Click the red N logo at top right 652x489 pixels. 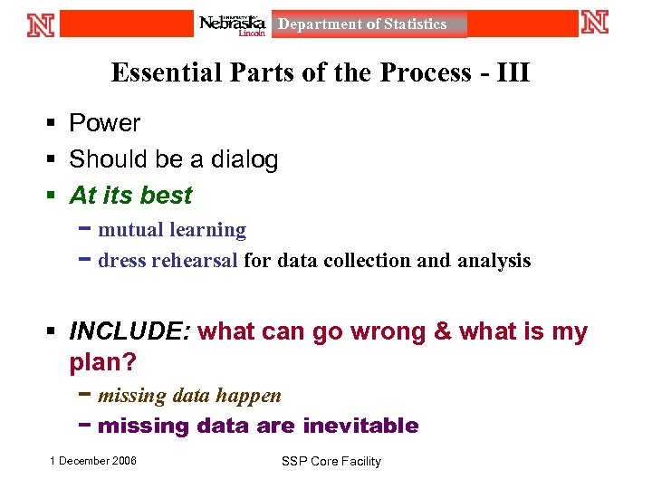[595, 22]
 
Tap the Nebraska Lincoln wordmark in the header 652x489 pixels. [233, 24]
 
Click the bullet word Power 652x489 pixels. [105, 123]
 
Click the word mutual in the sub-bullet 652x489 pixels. [129, 230]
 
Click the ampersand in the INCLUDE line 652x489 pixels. [443, 332]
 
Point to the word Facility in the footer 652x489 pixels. [360, 462]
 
